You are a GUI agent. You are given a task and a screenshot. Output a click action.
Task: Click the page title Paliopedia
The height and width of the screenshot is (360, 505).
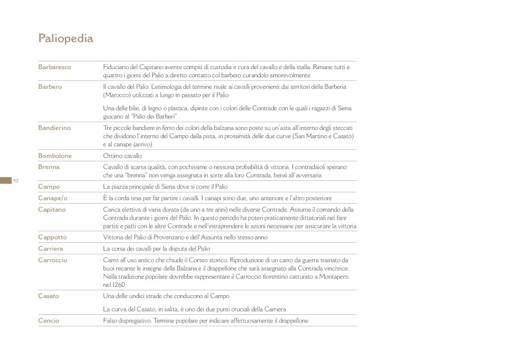(66, 39)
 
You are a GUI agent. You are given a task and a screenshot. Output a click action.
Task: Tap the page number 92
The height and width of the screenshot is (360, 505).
(16, 180)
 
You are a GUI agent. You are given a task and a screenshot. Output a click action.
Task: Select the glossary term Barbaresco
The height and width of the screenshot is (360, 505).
(54, 67)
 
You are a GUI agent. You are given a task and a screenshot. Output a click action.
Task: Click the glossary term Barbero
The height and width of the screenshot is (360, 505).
(50, 87)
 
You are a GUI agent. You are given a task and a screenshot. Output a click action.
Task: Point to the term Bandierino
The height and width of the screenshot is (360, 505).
(54, 128)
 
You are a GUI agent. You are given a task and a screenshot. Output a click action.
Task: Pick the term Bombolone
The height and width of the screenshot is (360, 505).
(55, 156)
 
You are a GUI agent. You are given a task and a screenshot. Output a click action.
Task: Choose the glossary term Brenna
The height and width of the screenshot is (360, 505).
(49, 167)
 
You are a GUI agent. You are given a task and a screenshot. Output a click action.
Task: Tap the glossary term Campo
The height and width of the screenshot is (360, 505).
(49, 187)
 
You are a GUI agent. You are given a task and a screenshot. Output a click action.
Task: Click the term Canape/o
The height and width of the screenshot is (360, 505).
(53, 198)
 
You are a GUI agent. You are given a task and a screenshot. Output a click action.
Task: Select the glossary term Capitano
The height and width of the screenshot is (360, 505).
(52, 209)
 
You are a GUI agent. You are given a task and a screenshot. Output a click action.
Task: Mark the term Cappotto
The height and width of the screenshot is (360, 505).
(53, 238)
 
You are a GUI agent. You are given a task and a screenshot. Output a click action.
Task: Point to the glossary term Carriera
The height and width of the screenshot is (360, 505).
(51, 249)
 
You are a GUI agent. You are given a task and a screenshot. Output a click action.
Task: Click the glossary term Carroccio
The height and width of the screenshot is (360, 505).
(53, 260)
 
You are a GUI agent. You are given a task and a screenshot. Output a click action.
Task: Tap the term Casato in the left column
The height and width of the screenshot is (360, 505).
(49, 296)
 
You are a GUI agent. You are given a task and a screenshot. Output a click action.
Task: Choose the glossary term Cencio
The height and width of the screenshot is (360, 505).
(49, 321)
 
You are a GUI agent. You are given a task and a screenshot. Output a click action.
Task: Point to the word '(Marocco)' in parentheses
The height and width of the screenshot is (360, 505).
(116, 94)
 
